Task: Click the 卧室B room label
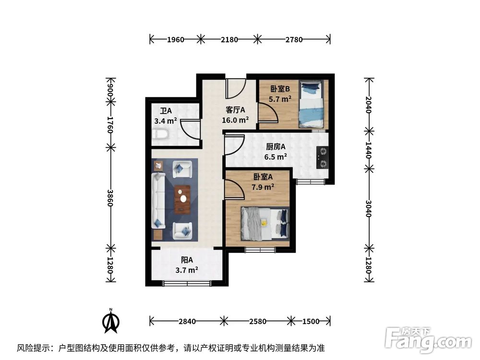(280, 89)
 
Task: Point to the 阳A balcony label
(187, 260)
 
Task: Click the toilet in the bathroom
(160, 133)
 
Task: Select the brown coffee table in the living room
(182, 199)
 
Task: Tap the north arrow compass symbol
(111, 321)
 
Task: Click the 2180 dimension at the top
(229, 39)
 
